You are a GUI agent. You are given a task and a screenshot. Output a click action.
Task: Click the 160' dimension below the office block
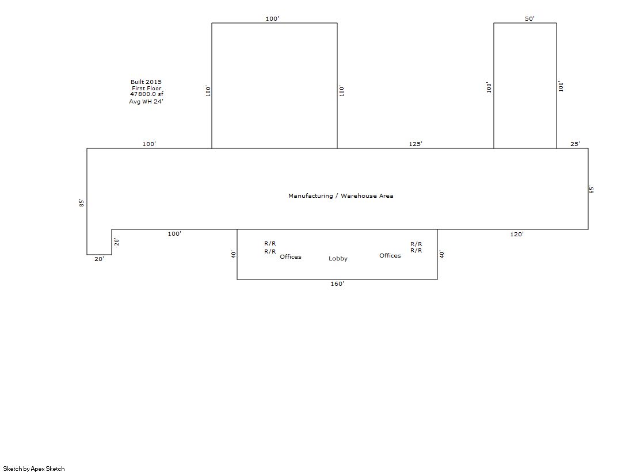coord(337,283)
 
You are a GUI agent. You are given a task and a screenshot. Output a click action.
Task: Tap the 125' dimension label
coord(415,144)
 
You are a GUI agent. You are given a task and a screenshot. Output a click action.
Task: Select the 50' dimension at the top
coord(529,18)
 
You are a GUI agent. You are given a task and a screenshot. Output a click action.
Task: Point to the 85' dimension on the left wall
coord(82,203)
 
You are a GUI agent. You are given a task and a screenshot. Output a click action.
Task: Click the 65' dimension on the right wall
coord(592,190)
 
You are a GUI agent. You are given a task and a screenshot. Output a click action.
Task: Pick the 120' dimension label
coord(517,234)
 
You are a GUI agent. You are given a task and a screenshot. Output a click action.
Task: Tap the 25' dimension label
coord(575,144)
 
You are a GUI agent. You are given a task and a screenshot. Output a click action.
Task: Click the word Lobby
coord(338,259)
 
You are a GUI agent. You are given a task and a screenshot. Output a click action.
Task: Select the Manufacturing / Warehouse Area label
coord(341,196)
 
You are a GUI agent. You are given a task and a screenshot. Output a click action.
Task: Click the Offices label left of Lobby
coord(291,256)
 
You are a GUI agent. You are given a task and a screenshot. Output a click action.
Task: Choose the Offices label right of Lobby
coord(390,255)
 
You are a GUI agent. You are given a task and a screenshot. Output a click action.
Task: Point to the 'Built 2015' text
coord(146,82)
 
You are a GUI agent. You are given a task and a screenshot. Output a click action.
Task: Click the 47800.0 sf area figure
coord(147,94)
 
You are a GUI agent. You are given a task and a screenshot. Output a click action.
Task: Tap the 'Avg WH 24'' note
coord(146,101)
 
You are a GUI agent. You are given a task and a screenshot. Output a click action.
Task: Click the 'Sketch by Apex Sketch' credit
coord(34,469)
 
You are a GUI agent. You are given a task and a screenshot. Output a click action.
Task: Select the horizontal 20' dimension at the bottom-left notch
coord(99,259)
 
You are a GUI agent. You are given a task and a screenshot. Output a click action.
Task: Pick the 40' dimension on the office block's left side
coord(233,255)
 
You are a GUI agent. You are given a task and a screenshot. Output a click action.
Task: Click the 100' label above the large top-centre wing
coord(272,18)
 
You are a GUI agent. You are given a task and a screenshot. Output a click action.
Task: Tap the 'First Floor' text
coord(147,88)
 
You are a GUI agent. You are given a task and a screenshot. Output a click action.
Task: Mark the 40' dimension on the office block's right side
coord(442,254)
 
